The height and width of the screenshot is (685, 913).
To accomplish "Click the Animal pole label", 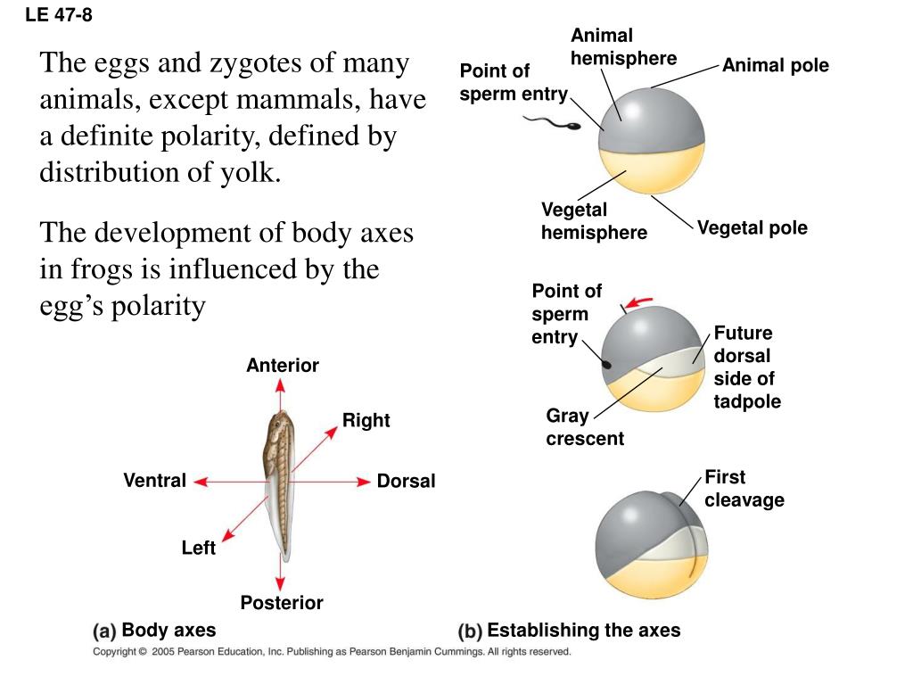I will click(775, 65).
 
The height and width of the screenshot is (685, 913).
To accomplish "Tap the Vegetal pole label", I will click(752, 227).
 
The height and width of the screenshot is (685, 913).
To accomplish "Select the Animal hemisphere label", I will click(623, 47).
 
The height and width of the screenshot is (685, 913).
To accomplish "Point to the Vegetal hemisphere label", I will click(594, 221).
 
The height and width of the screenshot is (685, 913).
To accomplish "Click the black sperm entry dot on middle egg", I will click(607, 364).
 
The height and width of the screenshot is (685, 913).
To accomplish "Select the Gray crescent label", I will click(585, 427).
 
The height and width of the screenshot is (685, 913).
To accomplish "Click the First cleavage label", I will click(744, 489).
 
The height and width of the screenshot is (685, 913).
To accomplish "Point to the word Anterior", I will click(283, 366).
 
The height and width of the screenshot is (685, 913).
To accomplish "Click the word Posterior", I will click(282, 603).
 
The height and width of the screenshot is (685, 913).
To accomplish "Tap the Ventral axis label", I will click(155, 481).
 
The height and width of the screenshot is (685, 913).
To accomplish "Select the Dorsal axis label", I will click(406, 482).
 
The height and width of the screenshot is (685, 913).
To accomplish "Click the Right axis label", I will click(366, 420).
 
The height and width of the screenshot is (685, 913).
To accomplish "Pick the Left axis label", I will click(198, 548).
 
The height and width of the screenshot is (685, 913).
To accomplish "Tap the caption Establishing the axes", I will click(583, 631).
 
